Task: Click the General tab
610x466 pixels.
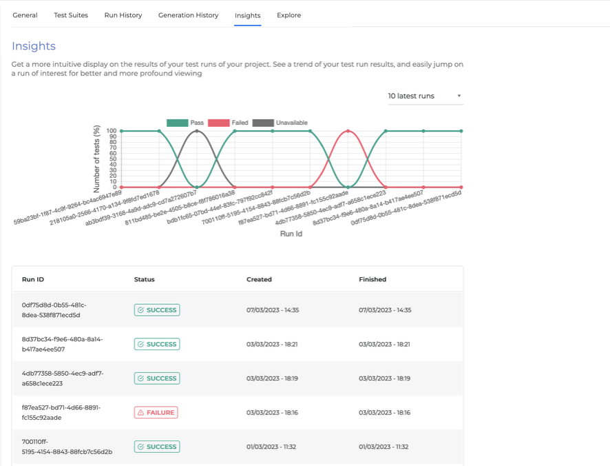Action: point(25,15)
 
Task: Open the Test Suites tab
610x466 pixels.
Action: point(71,15)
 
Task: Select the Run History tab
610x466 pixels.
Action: point(123,15)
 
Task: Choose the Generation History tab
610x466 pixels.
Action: point(188,15)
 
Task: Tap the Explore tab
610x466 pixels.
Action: point(288,15)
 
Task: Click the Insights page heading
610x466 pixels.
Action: point(34,46)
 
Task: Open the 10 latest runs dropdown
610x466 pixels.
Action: point(424,96)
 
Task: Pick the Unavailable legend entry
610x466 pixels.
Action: point(280,123)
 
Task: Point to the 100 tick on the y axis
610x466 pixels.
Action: point(112,131)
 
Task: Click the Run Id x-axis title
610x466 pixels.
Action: point(291,234)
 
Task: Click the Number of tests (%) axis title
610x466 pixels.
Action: point(96,159)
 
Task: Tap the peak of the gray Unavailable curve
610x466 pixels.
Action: point(198,131)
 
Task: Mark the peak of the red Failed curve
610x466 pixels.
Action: point(348,131)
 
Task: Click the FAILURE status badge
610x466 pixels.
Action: point(156,412)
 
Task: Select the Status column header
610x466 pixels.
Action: point(144,280)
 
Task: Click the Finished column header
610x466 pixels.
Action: point(372,280)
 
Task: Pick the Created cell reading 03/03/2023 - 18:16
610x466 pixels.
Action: point(272,412)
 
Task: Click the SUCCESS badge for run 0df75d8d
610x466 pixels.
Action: point(156,310)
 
